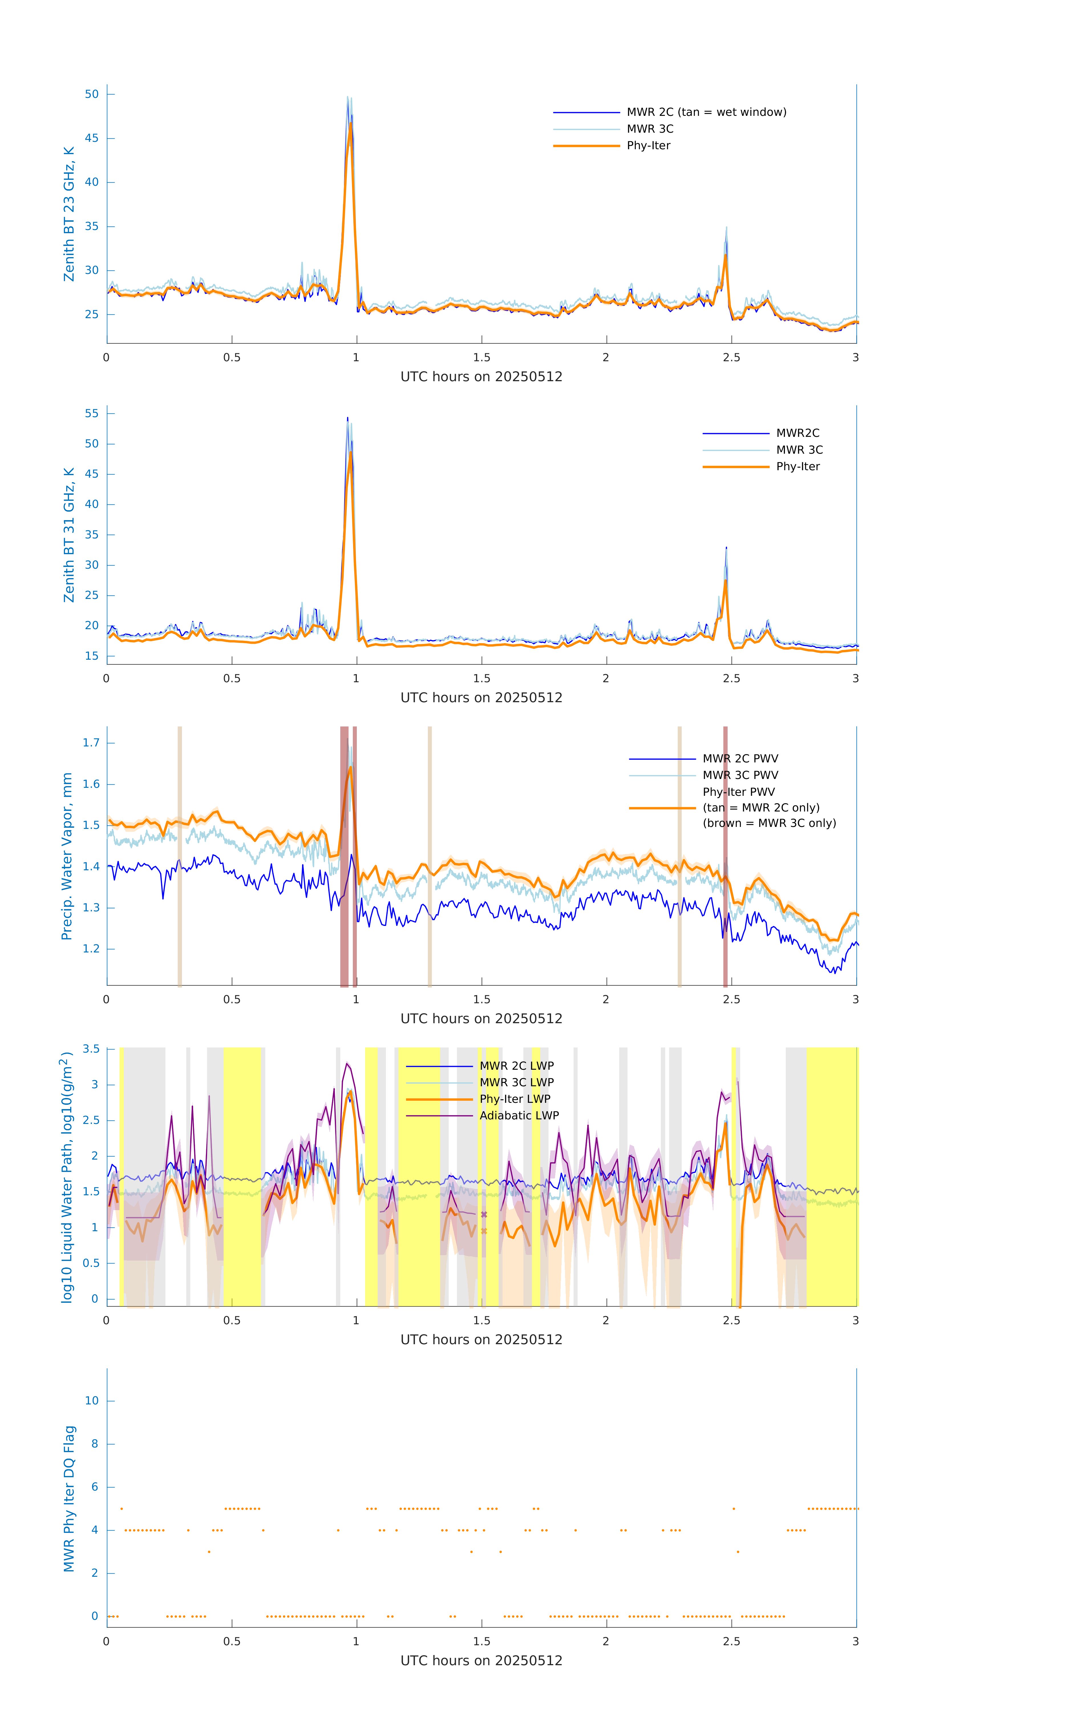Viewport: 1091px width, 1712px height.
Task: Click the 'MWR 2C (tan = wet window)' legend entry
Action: coord(706,112)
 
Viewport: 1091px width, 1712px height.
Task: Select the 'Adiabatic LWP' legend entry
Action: coord(519,1115)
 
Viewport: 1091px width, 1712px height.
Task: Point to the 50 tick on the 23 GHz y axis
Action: coord(92,94)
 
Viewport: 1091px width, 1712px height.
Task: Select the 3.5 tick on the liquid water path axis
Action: coord(91,1049)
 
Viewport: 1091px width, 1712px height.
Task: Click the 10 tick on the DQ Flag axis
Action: coord(92,1401)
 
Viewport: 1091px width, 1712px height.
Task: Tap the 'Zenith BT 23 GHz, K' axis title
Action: coord(69,214)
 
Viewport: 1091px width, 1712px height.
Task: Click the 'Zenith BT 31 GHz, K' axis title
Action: coord(69,535)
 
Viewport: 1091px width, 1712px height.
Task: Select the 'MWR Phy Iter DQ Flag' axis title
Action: coord(69,1499)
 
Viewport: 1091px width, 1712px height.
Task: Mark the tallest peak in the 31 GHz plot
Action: coord(348,418)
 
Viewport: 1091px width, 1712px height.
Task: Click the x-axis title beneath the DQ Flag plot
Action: coord(481,1661)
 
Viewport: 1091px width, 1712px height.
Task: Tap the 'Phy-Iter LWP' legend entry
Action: coord(515,1099)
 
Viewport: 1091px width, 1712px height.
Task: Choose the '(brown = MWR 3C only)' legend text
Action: coord(769,823)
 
